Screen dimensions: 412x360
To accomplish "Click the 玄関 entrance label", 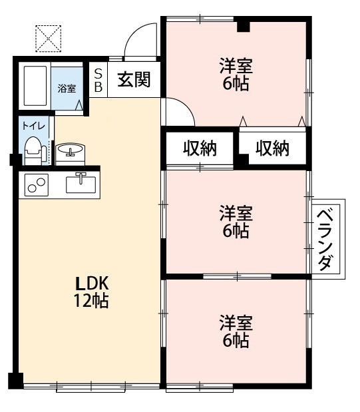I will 134,81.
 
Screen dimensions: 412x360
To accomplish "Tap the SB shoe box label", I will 98,80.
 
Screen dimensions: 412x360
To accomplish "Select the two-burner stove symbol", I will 37,184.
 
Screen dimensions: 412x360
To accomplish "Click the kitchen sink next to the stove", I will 81,181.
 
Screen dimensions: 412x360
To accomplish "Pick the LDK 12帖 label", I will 91,291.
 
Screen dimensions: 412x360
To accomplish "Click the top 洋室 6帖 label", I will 236,75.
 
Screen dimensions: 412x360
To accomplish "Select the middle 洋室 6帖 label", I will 236,222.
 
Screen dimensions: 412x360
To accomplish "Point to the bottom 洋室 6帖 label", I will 236,331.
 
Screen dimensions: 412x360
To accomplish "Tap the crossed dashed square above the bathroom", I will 48,39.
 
